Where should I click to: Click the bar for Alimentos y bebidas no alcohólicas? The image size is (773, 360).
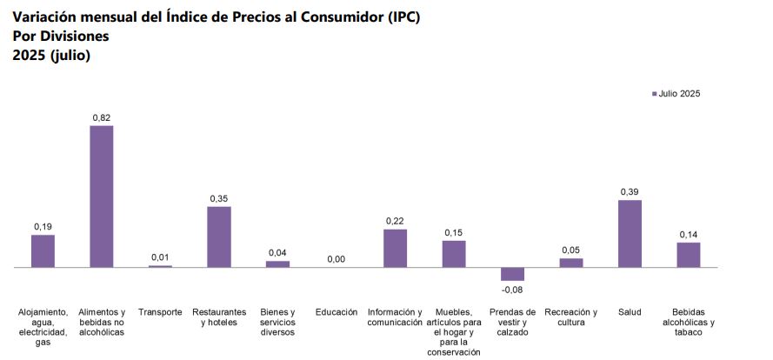coord(102,197)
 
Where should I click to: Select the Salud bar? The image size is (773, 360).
coord(630,234)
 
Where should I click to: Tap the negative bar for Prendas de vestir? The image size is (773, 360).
coord(512,274)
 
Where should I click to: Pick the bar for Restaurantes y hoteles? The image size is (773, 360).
coord(219,237)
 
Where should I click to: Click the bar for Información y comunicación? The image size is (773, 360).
coord(395,248)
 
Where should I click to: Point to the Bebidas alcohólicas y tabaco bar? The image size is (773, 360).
coord(689,255)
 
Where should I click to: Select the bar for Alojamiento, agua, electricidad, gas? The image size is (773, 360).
coord(43,250)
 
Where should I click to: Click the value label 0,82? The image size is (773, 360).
coord(102,117)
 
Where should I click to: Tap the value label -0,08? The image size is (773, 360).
coord(512,290)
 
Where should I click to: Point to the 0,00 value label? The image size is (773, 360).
coord(337,259)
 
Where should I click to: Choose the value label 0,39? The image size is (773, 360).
coord(630,191)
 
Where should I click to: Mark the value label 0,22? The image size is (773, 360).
coord(395,221)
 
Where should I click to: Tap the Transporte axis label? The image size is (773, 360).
coord(160,312)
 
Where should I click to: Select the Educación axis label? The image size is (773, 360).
coord(337,312)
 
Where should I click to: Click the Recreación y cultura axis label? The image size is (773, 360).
coord(571,317)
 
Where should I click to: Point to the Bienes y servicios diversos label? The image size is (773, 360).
coord(277,322)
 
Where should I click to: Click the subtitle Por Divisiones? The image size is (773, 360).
coord(61,37)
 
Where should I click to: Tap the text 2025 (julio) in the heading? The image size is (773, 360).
coord(52,56)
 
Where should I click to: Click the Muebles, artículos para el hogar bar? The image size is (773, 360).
coord(454,254)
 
